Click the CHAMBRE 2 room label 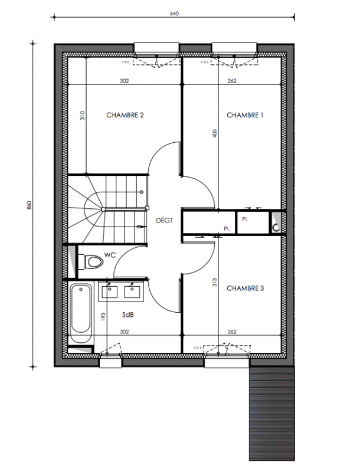125,115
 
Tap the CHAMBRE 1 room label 245,115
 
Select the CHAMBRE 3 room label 245,289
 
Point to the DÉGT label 164,220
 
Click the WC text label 110,255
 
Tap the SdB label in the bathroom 128,315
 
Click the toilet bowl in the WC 94,262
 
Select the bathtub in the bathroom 81,313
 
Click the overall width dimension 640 174,14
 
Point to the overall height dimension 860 29,205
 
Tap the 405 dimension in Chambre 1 215,133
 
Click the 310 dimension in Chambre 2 83,116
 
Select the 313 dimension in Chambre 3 215,282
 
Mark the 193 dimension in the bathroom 103,317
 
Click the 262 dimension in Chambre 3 232,332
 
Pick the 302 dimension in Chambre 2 125,81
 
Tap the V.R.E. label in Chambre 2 125,63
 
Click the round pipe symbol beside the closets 276,228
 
